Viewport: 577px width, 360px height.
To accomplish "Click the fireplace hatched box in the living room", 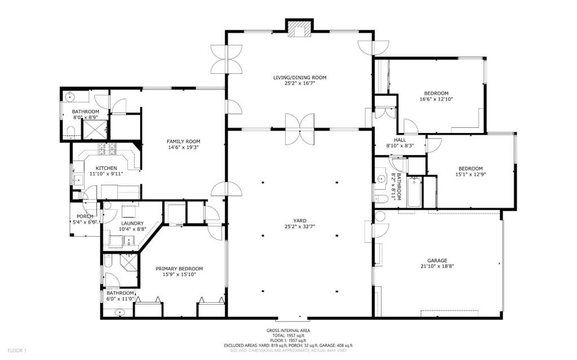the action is [x=300, y=29].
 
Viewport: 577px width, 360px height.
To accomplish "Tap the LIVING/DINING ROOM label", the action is [x=300, y=78].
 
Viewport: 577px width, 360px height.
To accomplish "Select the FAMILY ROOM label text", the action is [x=183, y=141].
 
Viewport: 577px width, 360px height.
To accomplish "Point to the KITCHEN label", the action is [x=106, y=168].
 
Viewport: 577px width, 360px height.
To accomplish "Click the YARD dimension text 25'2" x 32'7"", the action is [x=300, y=226].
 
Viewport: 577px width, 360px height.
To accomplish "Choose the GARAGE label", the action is [x=437, y=260].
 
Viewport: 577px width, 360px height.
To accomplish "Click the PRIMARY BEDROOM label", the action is [x=179, y=269].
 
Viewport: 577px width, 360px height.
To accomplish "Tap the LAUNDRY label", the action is [x=132, y=224].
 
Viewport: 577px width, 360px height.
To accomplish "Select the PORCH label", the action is [x=85, y=216].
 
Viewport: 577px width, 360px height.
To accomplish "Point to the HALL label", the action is [x=400, y=140].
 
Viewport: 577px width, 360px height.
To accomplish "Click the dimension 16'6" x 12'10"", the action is [x=436, y=99].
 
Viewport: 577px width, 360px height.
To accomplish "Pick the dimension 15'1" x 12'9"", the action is [x=471, y=175].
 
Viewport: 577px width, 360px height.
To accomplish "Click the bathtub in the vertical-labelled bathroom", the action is [x=415, y=192].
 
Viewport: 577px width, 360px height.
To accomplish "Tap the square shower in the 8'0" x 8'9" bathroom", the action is [x=95, y=129].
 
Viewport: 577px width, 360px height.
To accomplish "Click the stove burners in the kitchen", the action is [x=106, y=148].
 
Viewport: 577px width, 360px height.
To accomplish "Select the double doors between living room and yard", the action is [x=300, y=129].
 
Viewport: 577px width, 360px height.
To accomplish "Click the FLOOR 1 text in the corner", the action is [x=17, y=350].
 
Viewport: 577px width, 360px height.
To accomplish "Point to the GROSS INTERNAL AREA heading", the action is [x=288, y=331].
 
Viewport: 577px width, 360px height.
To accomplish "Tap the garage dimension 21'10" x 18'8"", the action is [x=437, y=266].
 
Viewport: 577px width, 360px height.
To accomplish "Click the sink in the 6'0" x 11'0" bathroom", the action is [x=119, y=313].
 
